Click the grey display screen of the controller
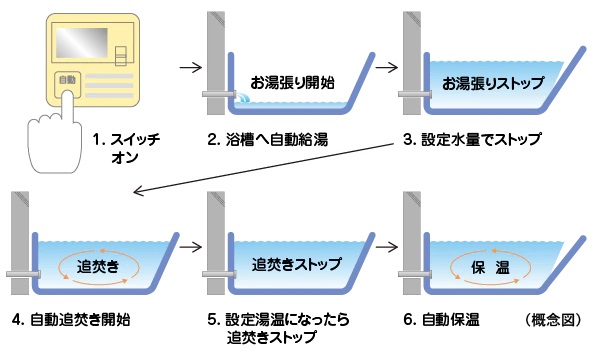[82, 42]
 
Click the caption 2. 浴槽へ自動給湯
[267, 140]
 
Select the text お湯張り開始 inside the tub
[292, 82]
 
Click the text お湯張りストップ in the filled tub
[493, 83]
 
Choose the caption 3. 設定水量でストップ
[472, 140]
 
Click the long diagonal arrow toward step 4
[264, 168]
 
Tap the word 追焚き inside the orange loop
[98, 266]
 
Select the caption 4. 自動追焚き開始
[71, 319]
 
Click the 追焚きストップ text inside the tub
[297, 264]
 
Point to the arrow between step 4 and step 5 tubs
[191, 247]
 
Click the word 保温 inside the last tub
[490, 267]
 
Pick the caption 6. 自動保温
[441, 319]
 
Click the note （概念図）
[553, 320]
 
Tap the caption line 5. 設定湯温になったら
[279, 319]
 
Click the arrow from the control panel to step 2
[191, 68]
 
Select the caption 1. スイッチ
[126, 139]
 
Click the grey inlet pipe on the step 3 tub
[415, 94]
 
